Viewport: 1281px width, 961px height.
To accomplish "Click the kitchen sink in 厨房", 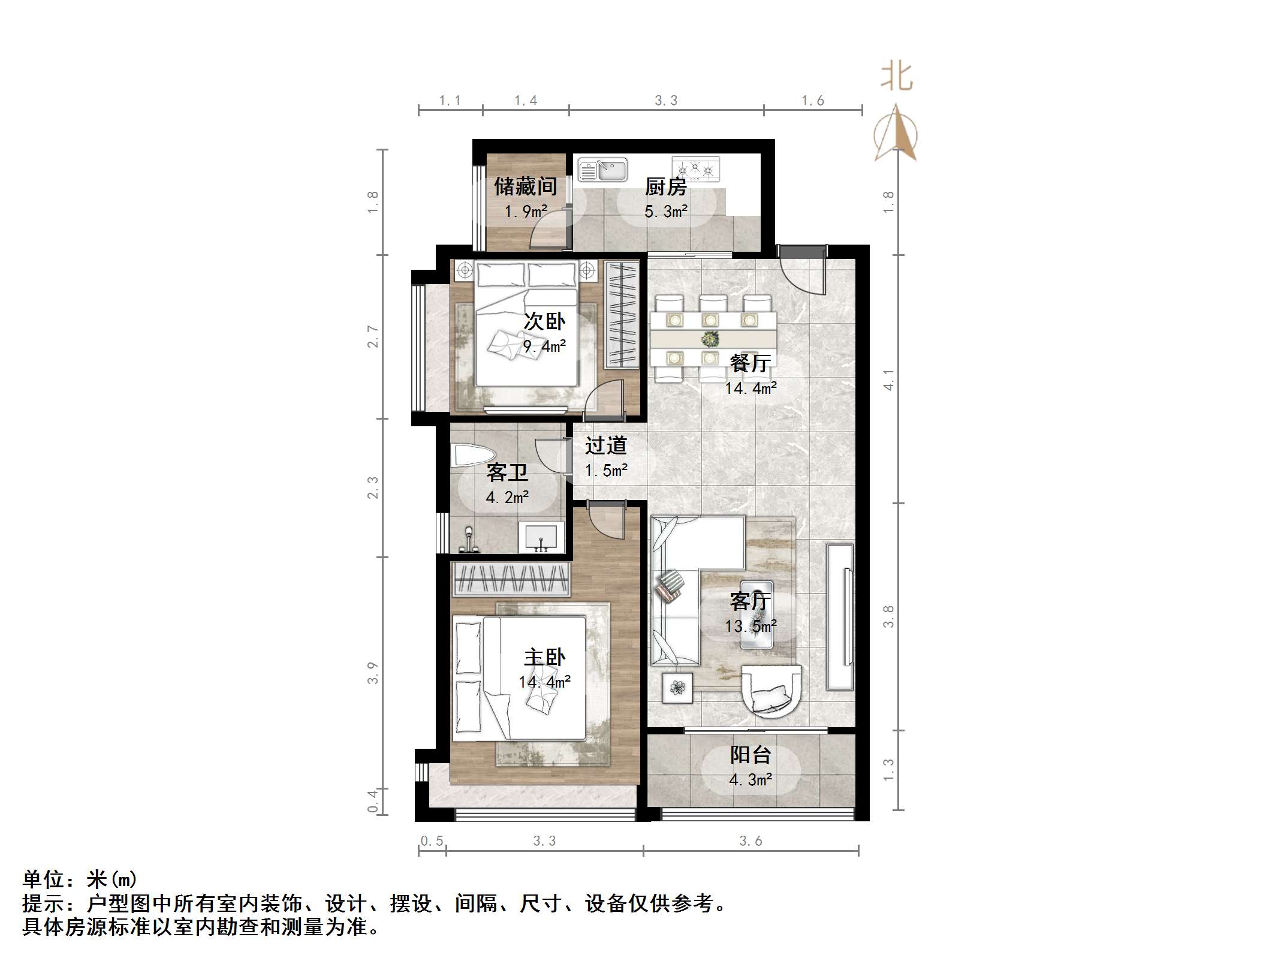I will pyautogui.click(x=602, y=170).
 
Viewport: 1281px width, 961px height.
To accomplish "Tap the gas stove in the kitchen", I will pyautogui.click(x=695, y=168).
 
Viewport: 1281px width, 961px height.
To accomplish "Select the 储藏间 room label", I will pyautogui.click(x=525, y=186).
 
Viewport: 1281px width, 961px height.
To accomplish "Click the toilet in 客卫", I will pyautogui.click(x=472, y=455).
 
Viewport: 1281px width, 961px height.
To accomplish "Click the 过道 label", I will pyautogui.click(x=605, y=445).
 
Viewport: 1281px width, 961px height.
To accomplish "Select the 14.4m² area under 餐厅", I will pyautogui.click(x=750, y=388).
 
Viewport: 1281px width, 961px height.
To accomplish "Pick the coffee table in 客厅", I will pyautogui.click(x=756, y=614).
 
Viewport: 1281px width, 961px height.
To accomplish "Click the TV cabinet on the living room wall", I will pyautogui.click(x=840, y=616).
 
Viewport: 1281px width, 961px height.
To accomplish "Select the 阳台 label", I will pyautogui.click(x=750, y=755).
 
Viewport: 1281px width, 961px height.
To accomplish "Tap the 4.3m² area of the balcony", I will pyautogui.click(x=750, y=780).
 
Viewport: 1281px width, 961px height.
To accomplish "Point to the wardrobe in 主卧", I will pyautogui.click(x=510, y=579).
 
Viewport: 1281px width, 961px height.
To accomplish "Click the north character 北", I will pyautogui.click(x=897, y=77).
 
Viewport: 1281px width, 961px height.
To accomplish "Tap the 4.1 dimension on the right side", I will pyautogui.click(x=888, y=379).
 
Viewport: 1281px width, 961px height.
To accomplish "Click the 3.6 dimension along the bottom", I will pyautogui.click(x=750, y=841).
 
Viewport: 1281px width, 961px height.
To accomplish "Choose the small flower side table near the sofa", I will pyautogui.click(x=678, y=688).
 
